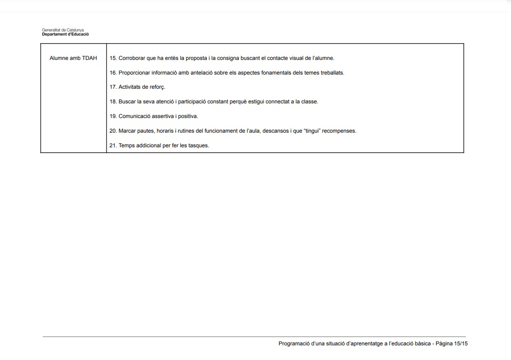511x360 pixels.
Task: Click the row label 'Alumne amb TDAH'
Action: point(73,58)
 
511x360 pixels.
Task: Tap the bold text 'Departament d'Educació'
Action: point(65,34)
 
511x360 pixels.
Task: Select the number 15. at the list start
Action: point(113,58)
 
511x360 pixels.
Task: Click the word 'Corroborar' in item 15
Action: point(132,58)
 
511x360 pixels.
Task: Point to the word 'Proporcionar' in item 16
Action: point(134,73)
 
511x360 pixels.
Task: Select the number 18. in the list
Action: point(113,102)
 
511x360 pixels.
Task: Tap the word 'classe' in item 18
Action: point(310,102)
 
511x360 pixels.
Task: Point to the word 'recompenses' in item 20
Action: point(339,131)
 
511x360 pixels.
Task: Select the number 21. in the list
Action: point(113,145)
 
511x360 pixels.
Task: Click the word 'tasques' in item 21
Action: point(199,145)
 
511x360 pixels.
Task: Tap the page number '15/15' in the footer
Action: point(461,344)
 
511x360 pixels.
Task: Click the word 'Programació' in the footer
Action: point(294,344)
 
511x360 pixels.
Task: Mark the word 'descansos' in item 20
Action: point(276,131)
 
